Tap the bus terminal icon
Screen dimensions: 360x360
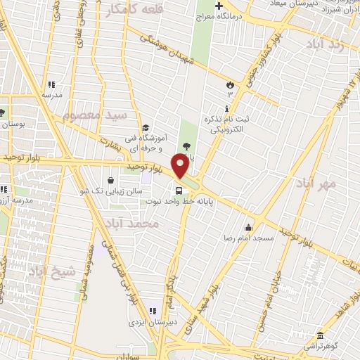tap(179, 189)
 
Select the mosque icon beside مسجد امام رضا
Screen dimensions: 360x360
tap(247, 227)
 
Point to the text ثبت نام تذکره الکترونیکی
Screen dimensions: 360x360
tap(227, 124)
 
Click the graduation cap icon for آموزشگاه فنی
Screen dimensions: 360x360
tap(145, 127)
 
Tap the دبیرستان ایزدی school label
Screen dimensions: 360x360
tap(146, 321)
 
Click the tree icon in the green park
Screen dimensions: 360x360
tap(186, 146)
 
